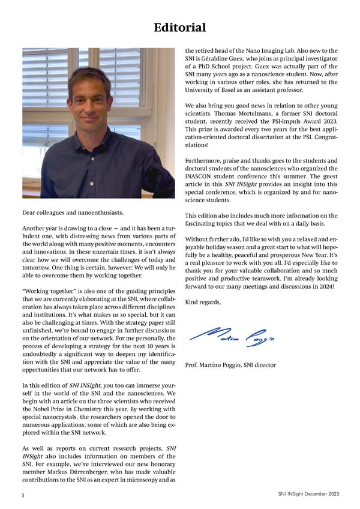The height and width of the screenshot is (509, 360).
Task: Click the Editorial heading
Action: click(x=180, y=28)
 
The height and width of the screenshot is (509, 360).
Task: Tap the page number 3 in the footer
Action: click(x=22, y=495)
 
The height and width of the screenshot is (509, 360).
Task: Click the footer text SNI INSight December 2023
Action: click(x=308, y=494)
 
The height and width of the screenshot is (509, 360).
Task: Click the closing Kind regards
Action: click(x=203, y=302)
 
